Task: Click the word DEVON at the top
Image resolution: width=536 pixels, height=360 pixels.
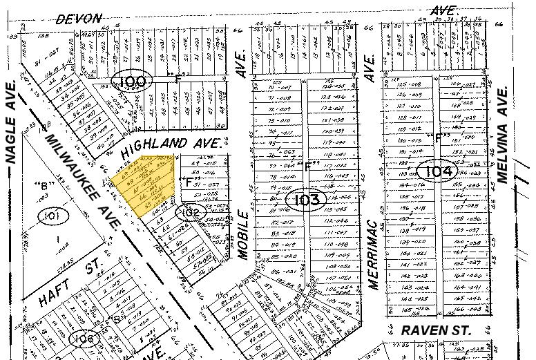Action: click(79, 19)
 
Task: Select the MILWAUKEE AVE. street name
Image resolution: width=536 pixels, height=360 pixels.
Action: click(82, 180)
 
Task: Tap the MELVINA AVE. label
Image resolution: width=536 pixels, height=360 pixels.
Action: click(503, 135)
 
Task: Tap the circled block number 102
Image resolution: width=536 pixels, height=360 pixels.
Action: click(190, 213)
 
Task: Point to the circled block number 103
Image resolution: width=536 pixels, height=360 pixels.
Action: click(305, 200)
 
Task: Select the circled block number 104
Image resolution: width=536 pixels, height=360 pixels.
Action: click(438, 171)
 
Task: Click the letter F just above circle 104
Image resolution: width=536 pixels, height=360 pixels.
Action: click(437, 137)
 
